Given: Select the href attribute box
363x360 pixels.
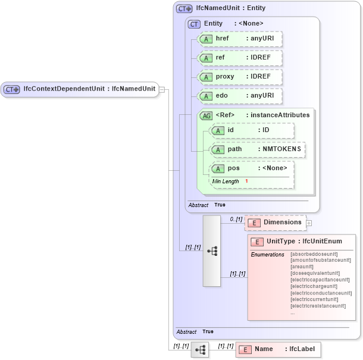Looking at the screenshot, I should tap(239, 39).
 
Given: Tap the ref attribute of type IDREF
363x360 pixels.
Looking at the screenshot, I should tap(239, 58).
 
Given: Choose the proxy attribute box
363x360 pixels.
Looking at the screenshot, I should tap(239, 77).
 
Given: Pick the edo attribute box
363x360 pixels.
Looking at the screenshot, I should tap(239, 96).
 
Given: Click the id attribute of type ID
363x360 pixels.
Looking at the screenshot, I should tap(252, 130).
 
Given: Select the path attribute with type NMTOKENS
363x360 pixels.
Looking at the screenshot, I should tap(258, 149).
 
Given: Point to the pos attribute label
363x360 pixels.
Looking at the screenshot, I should tap(234, 168).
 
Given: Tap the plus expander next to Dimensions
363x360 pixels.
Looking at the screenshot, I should tap(309, 223).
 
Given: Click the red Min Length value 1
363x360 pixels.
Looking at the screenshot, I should tap(246, 181).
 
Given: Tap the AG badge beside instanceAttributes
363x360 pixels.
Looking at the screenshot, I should tap(206, 115).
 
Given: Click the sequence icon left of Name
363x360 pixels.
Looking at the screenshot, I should tap(200, 349).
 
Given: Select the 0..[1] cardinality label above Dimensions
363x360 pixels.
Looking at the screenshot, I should tap(236, 219).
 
